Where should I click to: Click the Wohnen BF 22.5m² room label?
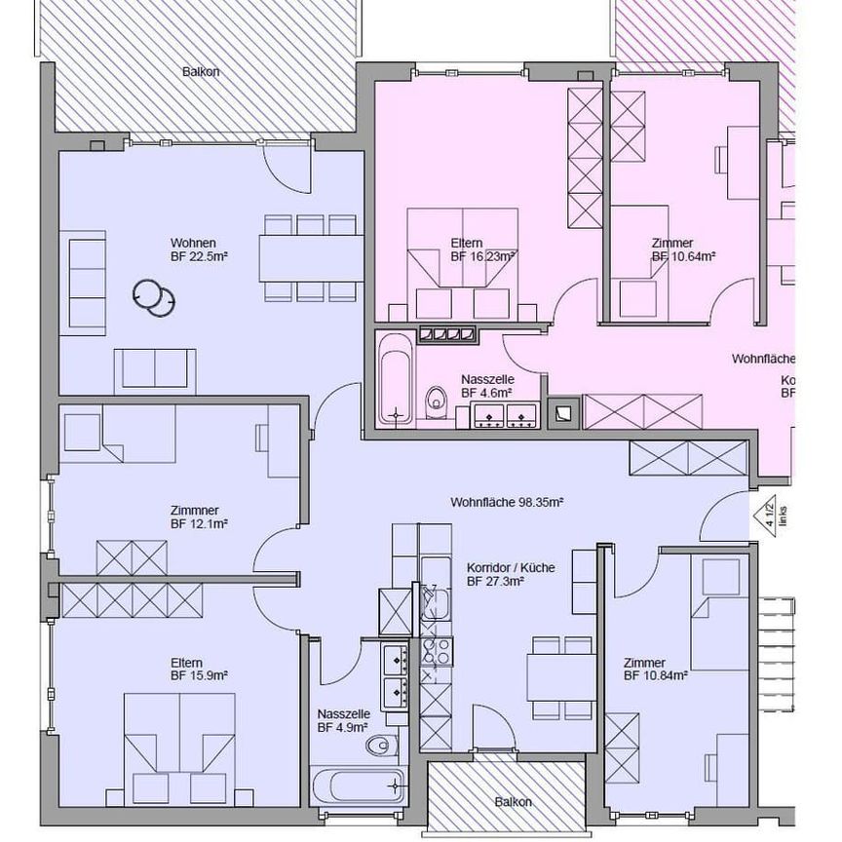tap(199, 249)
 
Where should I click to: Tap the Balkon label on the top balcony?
tap(199, 72)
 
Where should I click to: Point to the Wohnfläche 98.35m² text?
tap(508, 503)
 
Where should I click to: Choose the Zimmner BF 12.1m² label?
tap(199, 517)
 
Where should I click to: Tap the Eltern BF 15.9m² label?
tap(199, 668)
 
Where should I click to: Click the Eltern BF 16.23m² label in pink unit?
tap(482, 249)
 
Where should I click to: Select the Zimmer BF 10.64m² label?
tap(684, 249)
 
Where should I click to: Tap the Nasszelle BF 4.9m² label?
tap(342, 720)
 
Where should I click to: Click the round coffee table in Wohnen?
tap(153, 296)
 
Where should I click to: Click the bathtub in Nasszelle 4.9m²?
tap(358, 785)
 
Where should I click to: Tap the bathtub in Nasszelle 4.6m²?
tap(396, 378)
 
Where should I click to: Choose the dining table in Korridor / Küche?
tap(561, 676)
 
